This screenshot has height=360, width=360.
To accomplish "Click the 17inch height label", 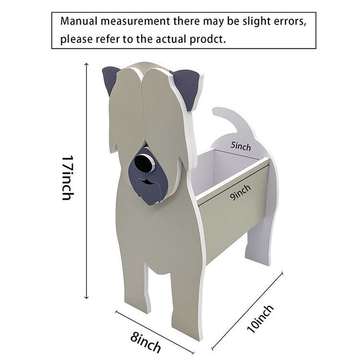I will pos(68,177).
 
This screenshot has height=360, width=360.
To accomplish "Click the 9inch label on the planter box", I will pos(240,193).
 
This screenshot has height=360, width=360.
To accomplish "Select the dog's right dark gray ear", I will pos(188,86).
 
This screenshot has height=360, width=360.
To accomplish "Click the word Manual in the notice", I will pos(79,22).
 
